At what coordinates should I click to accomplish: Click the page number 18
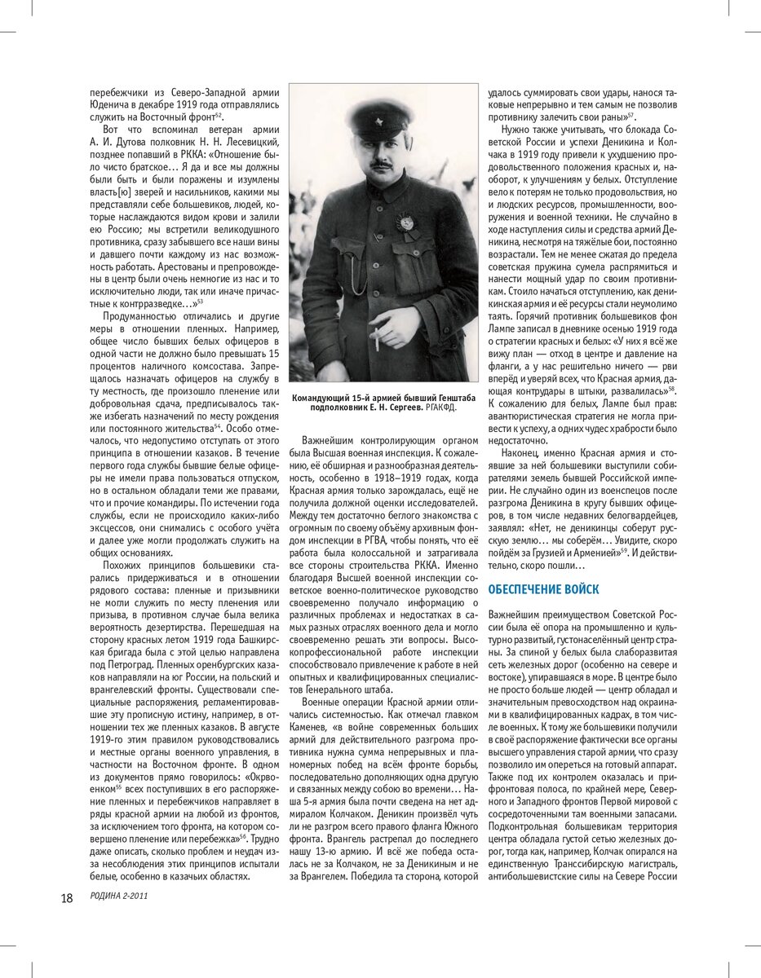click(67, 898)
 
